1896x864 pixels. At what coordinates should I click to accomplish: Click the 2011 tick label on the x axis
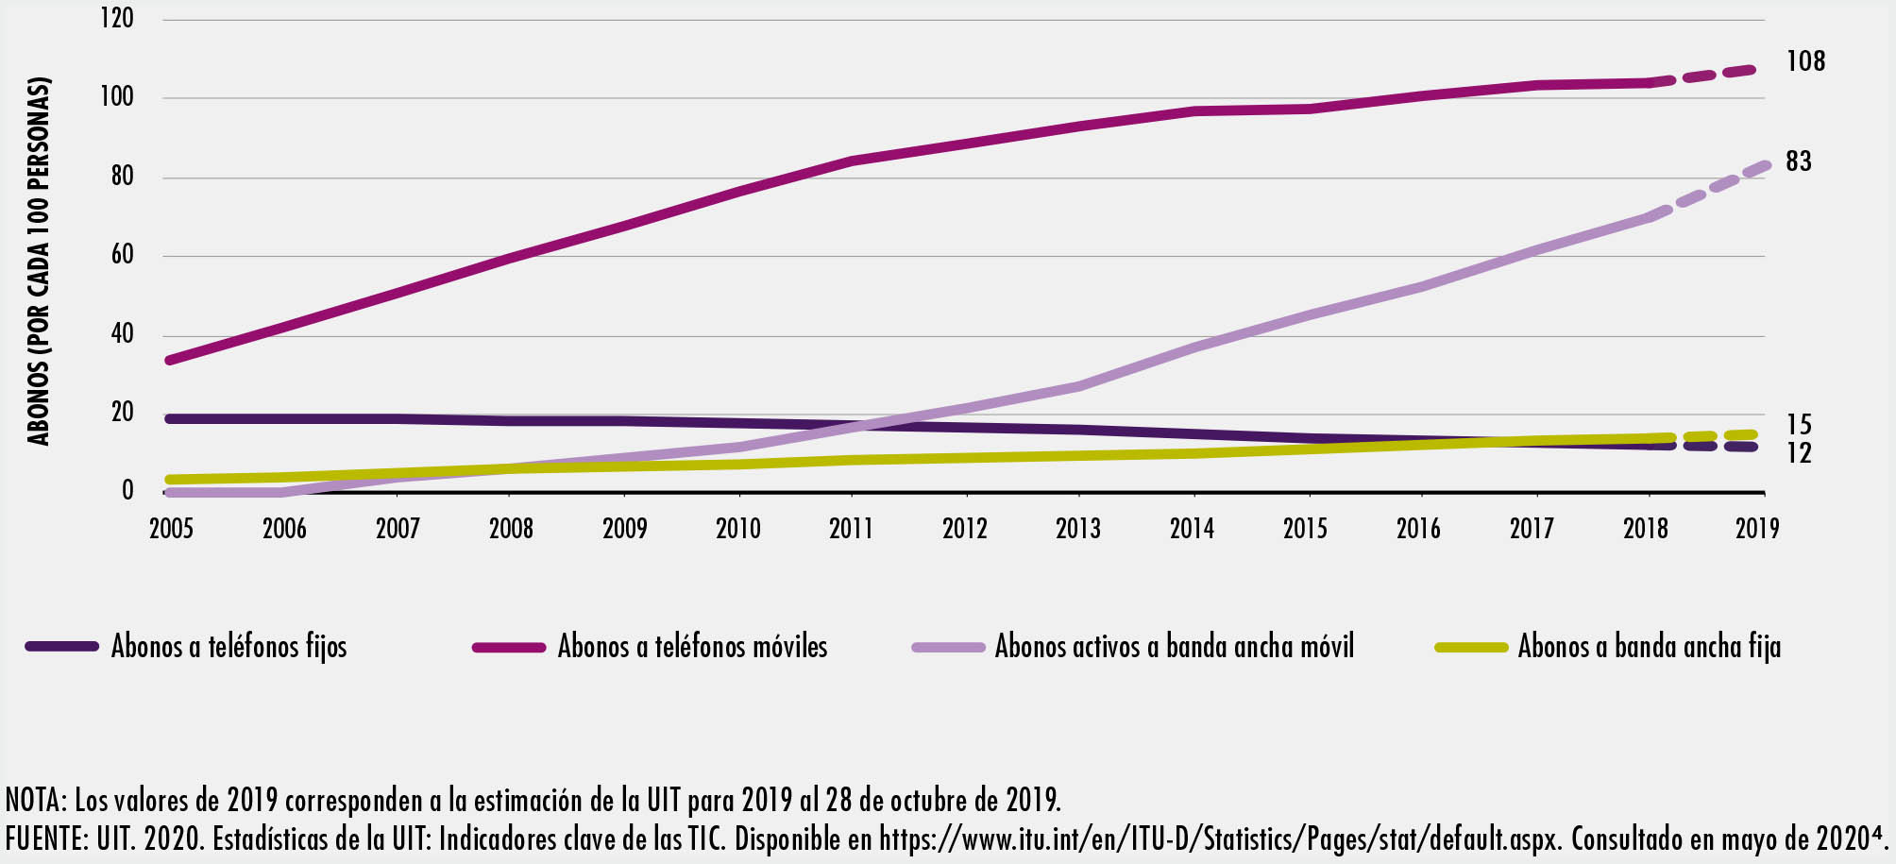coord(851,528)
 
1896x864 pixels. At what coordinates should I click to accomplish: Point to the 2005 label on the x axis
coord(171,528)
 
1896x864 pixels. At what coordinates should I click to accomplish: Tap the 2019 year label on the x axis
coord(1757,528)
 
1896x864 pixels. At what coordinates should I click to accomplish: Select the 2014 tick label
coord(1192,528)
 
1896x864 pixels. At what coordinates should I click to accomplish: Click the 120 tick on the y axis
coord(117,18)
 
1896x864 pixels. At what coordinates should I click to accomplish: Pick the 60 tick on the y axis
coord(122,255)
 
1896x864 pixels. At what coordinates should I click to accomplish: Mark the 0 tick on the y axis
coord(127,491)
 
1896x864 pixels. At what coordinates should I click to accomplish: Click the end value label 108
coord(1805,61)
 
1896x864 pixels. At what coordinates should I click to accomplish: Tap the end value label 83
coord(1799,161)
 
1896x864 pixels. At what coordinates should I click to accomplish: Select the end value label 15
coord(1799,425)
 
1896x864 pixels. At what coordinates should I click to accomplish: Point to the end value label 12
coord(1799,454)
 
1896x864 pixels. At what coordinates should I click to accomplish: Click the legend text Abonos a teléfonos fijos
coord(229,647)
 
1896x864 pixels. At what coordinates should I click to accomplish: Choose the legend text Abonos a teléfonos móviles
coord(692,647)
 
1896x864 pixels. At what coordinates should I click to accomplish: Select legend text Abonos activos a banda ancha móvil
coord(1174,647)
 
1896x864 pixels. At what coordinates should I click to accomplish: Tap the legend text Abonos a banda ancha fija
coord(1649,647)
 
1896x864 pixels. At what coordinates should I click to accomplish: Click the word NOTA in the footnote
coord(32,801)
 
